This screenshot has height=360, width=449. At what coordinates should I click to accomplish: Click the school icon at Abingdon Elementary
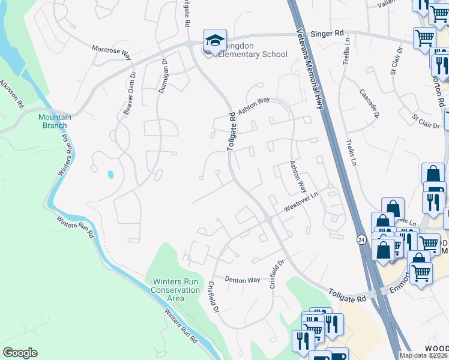pos(215,41)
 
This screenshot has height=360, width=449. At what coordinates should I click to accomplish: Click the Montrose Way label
pos(111,53)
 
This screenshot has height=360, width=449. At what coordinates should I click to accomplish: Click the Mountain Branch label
pos(55,121)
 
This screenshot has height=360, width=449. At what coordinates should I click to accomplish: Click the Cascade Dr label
pos(369,103)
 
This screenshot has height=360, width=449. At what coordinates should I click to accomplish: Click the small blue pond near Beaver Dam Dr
pos(110,175)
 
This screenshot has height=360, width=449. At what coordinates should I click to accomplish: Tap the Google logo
pos(20,353)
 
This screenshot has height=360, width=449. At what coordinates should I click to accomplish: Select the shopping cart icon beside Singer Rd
pos(424,38)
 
